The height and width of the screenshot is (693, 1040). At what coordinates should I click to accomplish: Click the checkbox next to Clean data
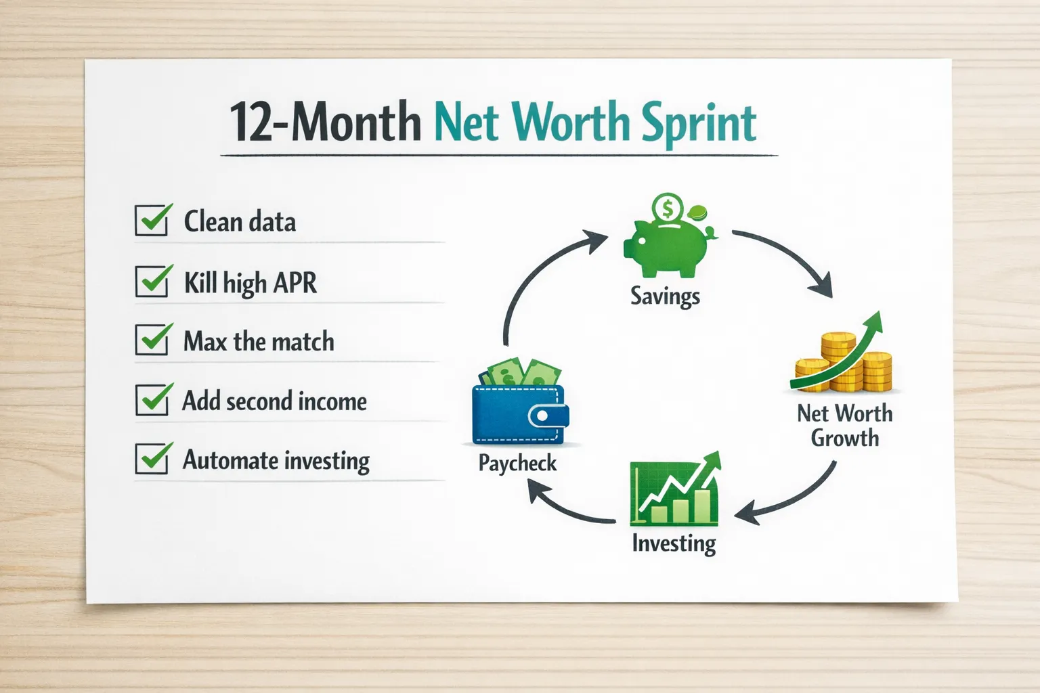point(152,221)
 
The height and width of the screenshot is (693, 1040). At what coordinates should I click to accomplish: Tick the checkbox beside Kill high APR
point(152,281)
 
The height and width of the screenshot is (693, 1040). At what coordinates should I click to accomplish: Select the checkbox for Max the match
point(152,340)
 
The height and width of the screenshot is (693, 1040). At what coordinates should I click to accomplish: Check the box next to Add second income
point(152,399)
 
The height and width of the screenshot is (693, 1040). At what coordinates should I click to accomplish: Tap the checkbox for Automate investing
point(152,459)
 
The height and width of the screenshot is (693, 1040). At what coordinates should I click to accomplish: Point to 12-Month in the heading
point(325,122)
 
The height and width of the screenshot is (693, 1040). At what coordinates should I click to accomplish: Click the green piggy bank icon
point(667,247)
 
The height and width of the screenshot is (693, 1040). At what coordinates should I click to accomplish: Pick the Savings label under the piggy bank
point(665,296)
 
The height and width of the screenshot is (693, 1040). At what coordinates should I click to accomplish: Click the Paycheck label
point(517,463)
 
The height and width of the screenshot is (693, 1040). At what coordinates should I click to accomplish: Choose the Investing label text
point(674,543)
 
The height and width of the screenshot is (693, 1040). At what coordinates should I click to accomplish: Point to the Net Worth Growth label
point(844,426)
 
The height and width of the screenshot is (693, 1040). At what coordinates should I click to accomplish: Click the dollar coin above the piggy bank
point(668,208)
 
